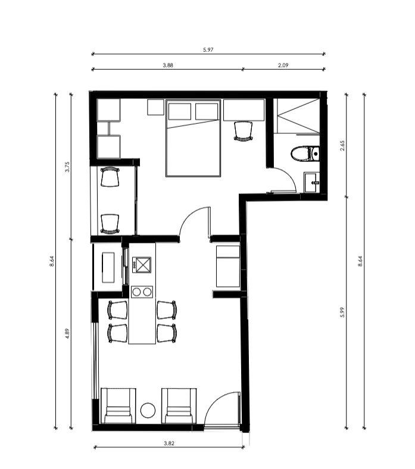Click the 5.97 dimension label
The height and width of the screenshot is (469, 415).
point(208,49)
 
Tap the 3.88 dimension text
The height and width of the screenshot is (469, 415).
point(168,65)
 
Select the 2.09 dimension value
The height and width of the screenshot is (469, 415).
point(283,65)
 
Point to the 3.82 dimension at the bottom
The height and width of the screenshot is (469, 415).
point(169,443)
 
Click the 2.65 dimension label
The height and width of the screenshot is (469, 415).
point(342,146)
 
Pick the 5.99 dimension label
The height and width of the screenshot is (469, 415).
point(342,312)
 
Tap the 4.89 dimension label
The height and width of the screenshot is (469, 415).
point(67,333)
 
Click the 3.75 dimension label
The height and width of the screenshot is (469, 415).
point(67,167)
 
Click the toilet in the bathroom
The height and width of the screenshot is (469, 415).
point(305,154)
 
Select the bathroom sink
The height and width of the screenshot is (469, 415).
point(312,182)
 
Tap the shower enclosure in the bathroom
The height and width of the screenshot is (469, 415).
point(298,115)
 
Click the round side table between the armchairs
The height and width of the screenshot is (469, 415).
point(148,410)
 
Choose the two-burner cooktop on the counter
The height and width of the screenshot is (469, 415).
point(142,292)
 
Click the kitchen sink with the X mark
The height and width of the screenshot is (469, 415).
point(142,265)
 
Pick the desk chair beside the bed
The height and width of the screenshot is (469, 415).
point(244,131)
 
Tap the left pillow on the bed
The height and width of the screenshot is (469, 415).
point(180,111)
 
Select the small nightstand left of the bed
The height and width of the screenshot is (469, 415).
point(155,107)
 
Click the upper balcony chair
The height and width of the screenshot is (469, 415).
point(110,177)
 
